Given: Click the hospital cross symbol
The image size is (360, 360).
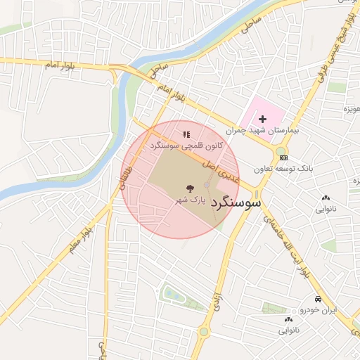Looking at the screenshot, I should point(264,120).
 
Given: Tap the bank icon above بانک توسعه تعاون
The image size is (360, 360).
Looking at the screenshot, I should point(283,157).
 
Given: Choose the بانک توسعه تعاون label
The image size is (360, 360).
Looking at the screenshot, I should point(283,169).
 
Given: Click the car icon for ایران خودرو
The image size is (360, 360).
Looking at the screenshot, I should point(319,298).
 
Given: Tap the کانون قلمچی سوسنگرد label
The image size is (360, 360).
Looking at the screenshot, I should point(186,145).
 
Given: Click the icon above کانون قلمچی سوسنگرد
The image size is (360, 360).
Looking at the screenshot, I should point(186,134).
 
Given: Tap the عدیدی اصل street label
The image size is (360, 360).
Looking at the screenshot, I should point(219,168).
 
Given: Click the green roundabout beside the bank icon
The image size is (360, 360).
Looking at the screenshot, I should point(281,149).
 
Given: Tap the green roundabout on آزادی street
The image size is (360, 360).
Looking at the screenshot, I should point(204,331).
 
